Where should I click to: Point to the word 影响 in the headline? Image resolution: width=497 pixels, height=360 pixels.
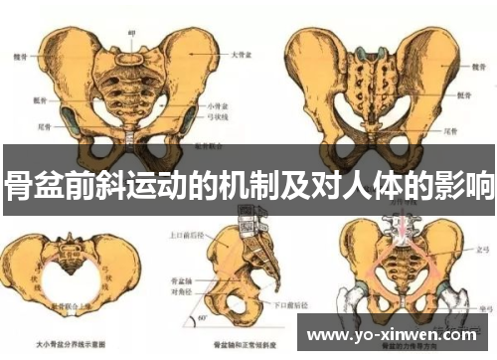(469, 186)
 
